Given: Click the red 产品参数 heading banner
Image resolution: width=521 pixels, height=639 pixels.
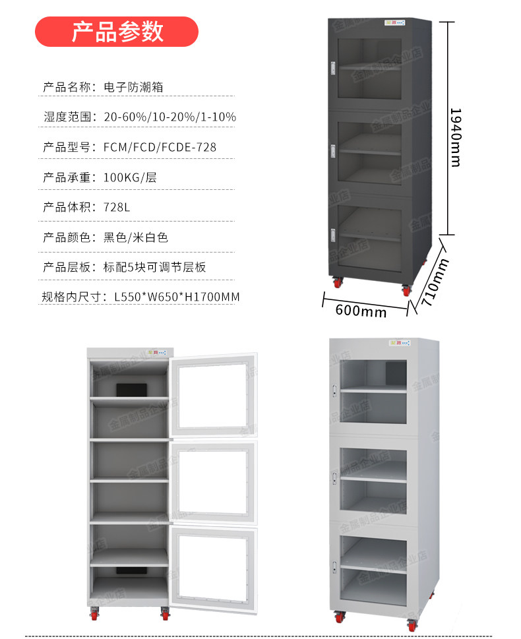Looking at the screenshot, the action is (116, 32).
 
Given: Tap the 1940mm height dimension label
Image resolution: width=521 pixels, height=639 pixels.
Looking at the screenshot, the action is (455, 137).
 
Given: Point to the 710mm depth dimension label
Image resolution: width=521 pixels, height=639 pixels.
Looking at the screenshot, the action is (436, 278).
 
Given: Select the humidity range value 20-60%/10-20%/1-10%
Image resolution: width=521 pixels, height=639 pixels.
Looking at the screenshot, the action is (170, 117).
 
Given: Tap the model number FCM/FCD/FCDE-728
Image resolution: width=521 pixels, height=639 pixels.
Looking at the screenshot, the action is (160, 147).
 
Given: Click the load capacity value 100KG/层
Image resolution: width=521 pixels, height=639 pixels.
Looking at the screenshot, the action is (130, 177).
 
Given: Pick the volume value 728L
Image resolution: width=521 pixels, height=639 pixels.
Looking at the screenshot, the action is (117, 207).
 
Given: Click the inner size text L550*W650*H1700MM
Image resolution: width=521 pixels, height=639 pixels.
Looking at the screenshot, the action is (177, 297).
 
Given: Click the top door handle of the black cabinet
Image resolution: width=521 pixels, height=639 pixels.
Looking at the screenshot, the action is (334, 67).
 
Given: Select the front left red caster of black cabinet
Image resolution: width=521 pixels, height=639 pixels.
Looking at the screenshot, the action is (338, 283).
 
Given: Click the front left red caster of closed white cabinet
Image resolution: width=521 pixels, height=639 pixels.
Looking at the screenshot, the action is (340, 618).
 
